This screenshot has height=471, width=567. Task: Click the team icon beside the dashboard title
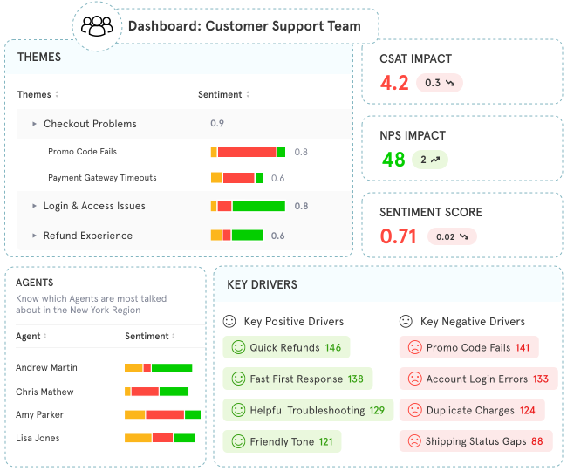(x=97, y=25)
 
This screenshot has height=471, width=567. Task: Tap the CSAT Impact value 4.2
(x=394, y=83)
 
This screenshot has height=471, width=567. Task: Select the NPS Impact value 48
(x=393, y=160)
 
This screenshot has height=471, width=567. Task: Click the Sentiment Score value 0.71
(x=398, y=236)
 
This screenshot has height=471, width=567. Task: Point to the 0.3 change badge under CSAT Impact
(x=439, y=83)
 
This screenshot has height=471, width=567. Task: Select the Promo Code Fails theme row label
(x=82, y=152)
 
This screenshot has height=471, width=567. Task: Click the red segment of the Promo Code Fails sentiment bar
(x=247, y=152)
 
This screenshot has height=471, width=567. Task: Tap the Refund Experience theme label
(x=88, y=235)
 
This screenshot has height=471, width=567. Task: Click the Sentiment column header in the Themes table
(x=220, y=94)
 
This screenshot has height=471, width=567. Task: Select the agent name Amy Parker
(x=40, y=414)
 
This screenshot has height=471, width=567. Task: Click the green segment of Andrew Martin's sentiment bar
(x=171, y=368)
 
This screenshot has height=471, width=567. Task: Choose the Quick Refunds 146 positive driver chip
(x=286, y=348)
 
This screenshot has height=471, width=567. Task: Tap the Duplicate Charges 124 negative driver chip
(x=472, y=411)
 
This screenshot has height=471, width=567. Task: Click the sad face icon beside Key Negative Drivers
(x=406, y=321)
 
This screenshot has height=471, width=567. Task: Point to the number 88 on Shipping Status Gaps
(x=536, y=442)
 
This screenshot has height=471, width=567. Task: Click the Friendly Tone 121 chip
(x=282, y=442)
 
